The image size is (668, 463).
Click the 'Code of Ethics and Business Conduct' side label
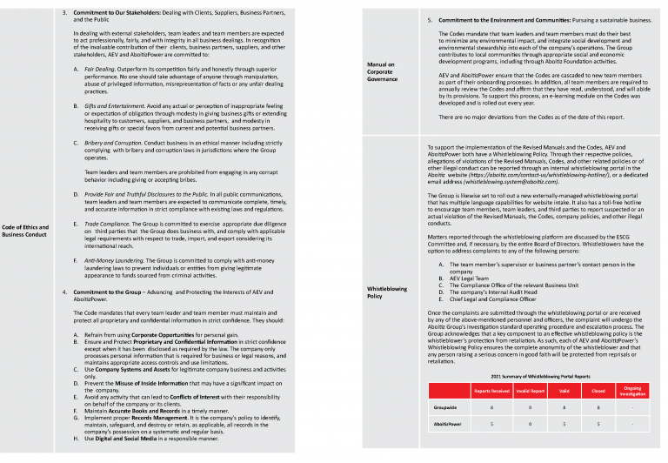coord(25,231)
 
